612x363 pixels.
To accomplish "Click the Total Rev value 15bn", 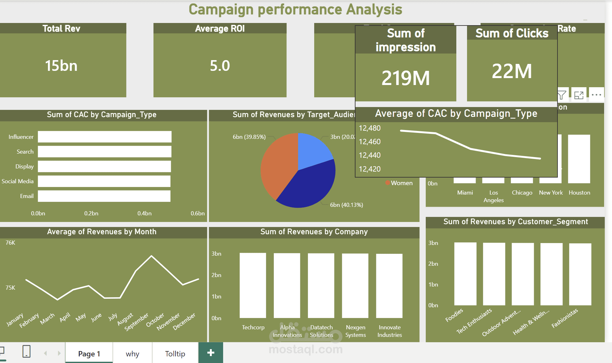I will point(61,66).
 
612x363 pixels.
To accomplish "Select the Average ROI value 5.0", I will point(220,66).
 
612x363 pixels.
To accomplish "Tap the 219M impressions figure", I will point(406,78).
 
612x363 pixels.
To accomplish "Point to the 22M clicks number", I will point(512,71).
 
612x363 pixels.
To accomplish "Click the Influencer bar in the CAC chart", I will point(105,137).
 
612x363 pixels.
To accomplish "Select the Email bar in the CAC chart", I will point(104,196).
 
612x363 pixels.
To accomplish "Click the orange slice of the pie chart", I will point(277,164).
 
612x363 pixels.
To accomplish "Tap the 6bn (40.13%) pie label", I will point(346,205).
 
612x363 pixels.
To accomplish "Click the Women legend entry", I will point(401,183).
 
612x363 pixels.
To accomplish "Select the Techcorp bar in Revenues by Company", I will point(253,285).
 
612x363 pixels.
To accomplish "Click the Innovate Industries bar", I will point(389,286).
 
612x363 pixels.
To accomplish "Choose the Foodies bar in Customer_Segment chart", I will point(465,274).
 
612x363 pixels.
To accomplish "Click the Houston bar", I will point(579,159).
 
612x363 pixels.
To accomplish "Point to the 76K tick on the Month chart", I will point(10,243).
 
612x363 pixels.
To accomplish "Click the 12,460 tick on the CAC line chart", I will point(370,142).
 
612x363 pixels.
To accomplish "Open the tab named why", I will point(132,354).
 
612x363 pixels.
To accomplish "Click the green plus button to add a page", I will point(211,353).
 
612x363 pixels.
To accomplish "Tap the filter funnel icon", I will point(562,95).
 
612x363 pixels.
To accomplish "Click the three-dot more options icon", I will point(596,95).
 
